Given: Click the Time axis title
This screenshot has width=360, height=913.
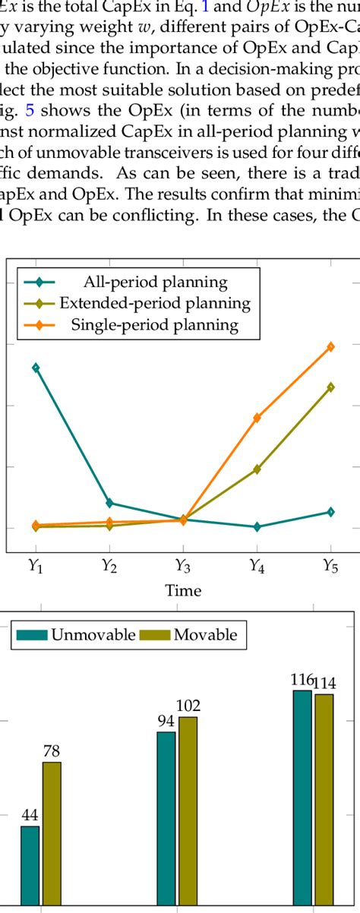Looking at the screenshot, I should [183, 591].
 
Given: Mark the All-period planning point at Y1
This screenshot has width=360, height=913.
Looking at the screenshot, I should [36, 368].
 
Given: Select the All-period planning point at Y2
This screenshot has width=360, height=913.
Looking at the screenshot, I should [109, 503].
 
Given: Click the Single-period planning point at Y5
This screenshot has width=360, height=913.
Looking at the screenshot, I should [330, 346].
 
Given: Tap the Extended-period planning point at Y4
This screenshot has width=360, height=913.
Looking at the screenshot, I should [257, 469].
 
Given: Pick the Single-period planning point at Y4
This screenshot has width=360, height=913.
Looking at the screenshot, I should [257, 418].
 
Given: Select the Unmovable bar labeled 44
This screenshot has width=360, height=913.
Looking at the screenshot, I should [30, 866].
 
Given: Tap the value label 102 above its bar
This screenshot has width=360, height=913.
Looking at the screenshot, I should [188, 706].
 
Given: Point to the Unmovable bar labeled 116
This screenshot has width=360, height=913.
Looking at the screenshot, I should [302, 798].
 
